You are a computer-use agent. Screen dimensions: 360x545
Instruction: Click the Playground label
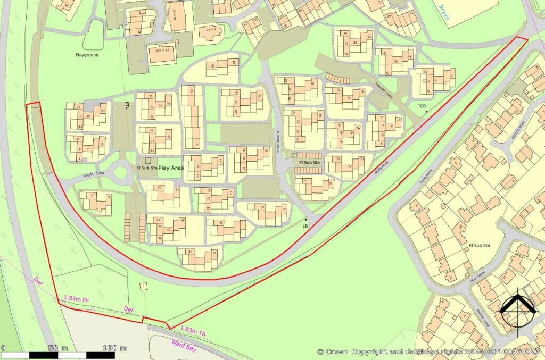[87, 55]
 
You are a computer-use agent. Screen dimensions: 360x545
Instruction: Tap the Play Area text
[171, 168]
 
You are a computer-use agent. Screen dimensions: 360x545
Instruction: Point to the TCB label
[422, 106]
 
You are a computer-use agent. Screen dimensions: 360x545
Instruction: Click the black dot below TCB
[426, 111]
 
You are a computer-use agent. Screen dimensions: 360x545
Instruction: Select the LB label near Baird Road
[305, 226]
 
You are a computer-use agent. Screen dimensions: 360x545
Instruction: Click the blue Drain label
[443, 12]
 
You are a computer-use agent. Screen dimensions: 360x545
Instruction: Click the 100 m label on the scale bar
[115, 348]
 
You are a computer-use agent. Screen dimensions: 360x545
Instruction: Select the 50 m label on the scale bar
[57, 348]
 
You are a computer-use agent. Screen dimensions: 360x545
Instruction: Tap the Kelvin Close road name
[94, 174]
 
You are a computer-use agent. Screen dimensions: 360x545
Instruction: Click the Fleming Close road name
[277, 143]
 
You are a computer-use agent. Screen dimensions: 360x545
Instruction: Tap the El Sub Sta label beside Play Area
[146, 168]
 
